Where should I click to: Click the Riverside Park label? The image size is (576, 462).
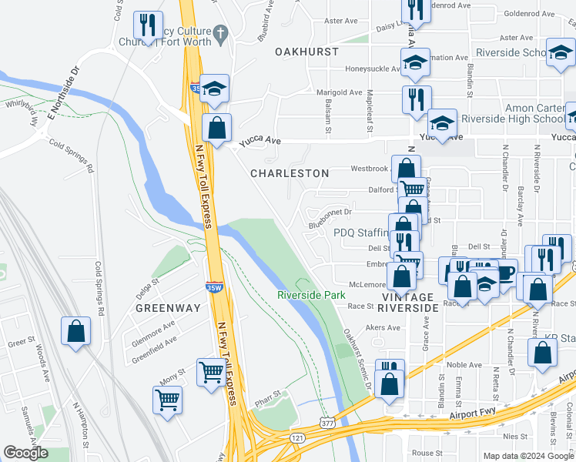311,295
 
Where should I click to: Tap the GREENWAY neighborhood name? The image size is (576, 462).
168,308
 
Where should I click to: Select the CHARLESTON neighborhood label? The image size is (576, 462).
290,174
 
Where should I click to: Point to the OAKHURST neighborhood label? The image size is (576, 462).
306,52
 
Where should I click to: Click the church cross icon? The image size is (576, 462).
221,33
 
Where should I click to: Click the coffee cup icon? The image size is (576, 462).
506,273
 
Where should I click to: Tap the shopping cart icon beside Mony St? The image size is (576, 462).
211,373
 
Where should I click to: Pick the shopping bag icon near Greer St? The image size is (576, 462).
76,333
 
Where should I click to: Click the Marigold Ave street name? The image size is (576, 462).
340,92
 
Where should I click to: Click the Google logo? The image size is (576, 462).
25,454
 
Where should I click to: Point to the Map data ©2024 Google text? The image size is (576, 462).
527,456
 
